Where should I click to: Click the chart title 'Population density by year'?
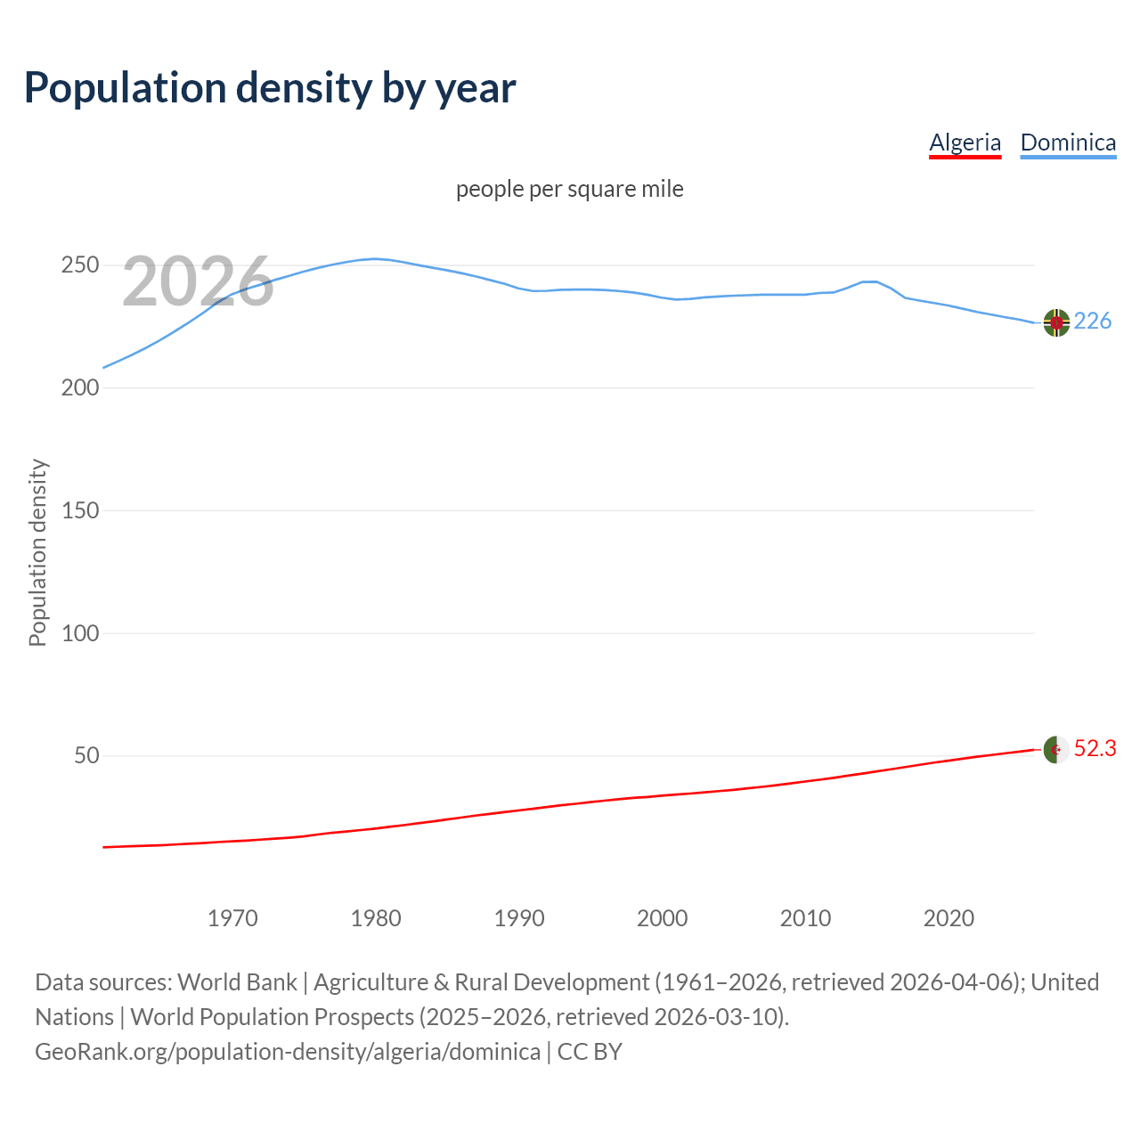point(270,87)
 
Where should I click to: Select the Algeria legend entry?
point(965,142)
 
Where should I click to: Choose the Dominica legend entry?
point(1068,142)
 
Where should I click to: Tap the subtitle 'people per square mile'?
point(570,189)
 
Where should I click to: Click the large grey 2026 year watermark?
point(198,281)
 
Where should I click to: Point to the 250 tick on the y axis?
point(80,265)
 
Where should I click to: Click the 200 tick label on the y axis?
point(80,388)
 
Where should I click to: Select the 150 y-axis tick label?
point(80,511)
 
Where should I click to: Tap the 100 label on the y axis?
point(80,633)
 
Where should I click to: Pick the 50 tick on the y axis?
point(85,756)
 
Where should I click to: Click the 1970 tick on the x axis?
point(232,918)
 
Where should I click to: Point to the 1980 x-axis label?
point(376,918)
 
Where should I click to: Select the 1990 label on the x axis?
point(519,918)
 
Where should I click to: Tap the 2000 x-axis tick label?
point(663,918)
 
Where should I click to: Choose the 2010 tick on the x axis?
point(806,918)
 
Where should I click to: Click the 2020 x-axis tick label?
point(949,918)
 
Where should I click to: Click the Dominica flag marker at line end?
point(1056,322)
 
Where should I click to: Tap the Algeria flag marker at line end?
point(1056,750)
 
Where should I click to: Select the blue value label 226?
point(1093,321)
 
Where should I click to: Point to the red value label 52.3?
point(1095,749)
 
